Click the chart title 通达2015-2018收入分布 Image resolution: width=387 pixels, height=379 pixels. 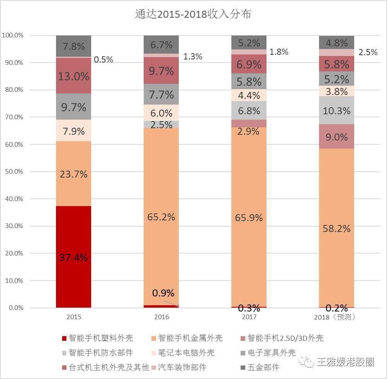[x=193, y=14]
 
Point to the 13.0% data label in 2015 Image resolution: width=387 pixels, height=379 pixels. [x=73, y=76]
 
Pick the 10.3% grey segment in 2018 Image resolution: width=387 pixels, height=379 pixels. [x=336, y=110]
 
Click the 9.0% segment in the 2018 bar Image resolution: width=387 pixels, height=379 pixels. [x=336, y=137]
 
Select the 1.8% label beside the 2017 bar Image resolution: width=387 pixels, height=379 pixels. [x=279, y=52]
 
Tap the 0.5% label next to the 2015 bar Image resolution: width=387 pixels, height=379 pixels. [x=103, y=59]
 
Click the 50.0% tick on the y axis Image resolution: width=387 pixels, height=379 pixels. [x=14, y=171]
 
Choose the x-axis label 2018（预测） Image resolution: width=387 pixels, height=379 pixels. [x=336, y=317]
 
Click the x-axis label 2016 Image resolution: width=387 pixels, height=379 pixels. [x=161, y=317]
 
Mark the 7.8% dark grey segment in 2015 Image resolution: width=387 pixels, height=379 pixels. [x=73, y=46]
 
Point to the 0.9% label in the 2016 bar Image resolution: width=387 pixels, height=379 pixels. [x=163, y=293]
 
